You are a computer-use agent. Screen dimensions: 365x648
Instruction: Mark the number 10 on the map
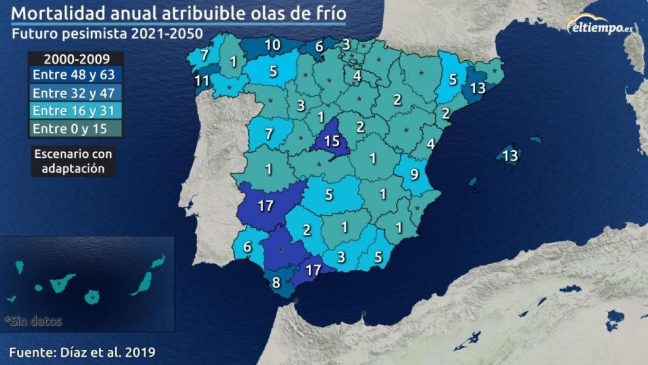coord(273,45)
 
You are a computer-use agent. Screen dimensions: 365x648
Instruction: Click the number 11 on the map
coord(202,80)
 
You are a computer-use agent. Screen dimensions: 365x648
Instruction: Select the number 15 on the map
coord(332,141)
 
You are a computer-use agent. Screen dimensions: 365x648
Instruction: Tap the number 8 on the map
coord(276,283)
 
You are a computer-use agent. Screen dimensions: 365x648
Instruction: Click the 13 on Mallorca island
coord(510,155)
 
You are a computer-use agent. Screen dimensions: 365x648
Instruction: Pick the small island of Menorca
coord(535,139)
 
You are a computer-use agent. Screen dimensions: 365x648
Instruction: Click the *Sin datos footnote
coord(33,321)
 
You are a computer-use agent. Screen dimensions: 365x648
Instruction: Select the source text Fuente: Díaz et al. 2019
coord(82,351)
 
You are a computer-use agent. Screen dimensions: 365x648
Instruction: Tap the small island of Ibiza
coord(473,182)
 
